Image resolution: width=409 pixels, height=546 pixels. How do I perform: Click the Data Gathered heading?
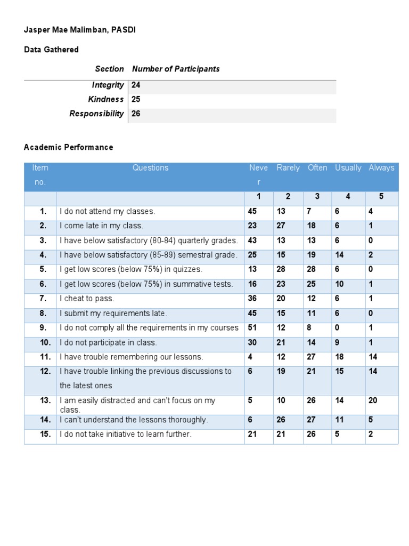(x=51, y=50)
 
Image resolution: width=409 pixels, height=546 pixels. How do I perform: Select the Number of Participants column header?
(x=176, y=69)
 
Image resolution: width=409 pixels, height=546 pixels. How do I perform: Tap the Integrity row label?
(x=108, y=85)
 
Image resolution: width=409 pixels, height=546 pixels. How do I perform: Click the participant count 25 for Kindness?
(x=136, y=99)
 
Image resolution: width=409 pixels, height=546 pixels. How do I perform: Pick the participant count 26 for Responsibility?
(x=136, y=114)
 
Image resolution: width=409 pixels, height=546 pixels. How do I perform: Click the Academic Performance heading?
(x=68, y=147)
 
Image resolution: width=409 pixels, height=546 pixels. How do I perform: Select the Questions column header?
(x=150, y=167)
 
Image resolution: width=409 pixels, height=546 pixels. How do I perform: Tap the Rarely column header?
(x=288, y=167)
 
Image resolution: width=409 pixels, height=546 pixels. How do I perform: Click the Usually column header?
(x=348, y=167)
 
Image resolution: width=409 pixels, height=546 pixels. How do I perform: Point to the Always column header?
(x=381, y=167)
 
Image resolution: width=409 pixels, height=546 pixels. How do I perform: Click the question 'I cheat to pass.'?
(x=87, y=299)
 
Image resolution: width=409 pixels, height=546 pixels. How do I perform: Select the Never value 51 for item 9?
(x=252, y=328)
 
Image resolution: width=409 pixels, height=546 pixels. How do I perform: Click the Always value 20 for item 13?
(x=373, y=400)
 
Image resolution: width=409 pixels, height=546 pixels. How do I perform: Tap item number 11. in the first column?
(x=45, y=357)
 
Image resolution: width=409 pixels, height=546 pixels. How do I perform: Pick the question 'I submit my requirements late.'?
(x=113, y=314)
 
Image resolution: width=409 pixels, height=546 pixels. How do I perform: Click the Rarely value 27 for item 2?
(x=281, y=226)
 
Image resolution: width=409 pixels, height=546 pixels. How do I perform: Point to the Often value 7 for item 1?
(x=309, y=211)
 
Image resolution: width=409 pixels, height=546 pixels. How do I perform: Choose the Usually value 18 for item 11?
(x=339, y=357)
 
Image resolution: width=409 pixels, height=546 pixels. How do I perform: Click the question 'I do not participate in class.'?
(x=108, y=342)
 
